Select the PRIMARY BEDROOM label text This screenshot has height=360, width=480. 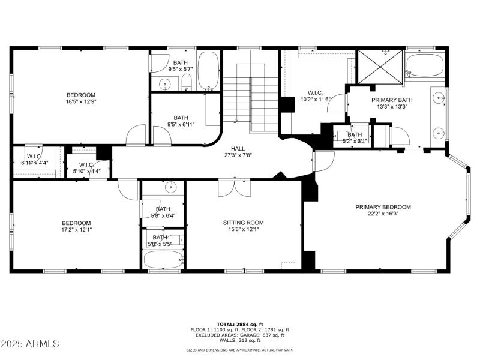pos(383,207)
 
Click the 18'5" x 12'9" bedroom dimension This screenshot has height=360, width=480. pos(80,103)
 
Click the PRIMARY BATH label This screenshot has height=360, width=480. pos(392,100)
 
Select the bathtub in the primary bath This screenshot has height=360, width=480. pos(425,65)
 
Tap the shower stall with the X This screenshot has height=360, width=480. pos(380,65)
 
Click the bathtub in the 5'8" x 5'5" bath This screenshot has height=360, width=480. pos(163,260)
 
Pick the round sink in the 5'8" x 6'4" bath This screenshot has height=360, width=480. pos(173,187)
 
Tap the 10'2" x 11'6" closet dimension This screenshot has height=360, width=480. pos(315,100)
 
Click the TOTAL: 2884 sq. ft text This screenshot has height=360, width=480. pos(240,324)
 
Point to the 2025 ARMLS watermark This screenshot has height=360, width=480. pos(30,344)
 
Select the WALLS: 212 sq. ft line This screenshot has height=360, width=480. pos(240,340)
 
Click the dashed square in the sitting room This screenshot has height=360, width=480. pos(289,265)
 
